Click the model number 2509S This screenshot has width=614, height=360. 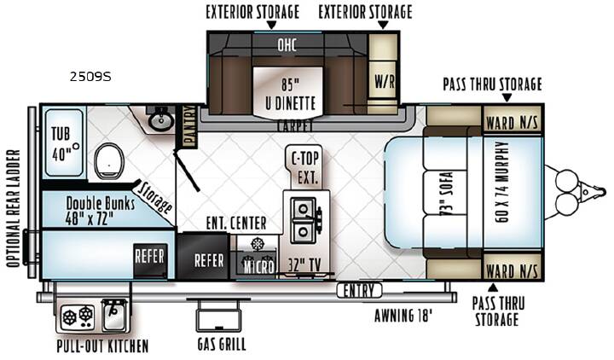tap(90, 77)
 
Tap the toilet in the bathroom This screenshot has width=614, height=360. tap(109, 161)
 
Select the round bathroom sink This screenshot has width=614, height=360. tap(160, 120)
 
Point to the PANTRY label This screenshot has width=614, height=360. tap(189, 126)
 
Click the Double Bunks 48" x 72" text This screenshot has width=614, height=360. tap(100, 211)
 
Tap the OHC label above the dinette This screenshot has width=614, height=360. tap(287, 45)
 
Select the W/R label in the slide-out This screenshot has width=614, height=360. tap(385, 82)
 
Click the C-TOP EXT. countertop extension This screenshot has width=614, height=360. tap(305, 168)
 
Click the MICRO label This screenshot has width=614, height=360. tap(259, 267)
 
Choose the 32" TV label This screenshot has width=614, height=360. tap(304, 265)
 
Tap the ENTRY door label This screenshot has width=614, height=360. tap(359, 291)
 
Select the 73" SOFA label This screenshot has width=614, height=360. tap(446, 193)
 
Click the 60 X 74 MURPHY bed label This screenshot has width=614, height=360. tap(502, 183)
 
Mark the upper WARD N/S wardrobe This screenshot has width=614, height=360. tap(513, 119)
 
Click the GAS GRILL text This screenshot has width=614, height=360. tap(222, 345)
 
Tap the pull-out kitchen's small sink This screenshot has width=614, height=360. tap(114, 314)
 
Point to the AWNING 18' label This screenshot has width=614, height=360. tap(403, 316)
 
